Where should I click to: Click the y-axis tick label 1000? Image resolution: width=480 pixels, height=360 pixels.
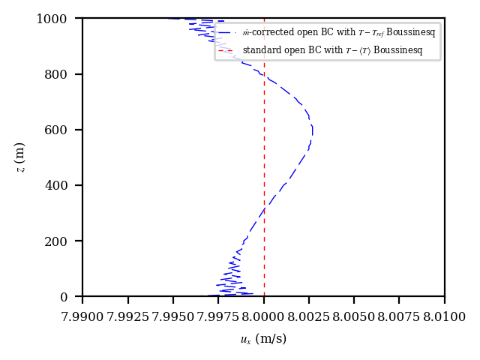point(62,19)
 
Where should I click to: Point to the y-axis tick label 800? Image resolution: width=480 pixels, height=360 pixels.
point(65,74)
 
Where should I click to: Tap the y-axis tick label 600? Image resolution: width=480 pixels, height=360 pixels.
point(65,130)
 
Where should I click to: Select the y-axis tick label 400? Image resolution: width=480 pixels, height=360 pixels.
point(65,185)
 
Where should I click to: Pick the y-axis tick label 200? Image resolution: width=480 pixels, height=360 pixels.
point(65,241)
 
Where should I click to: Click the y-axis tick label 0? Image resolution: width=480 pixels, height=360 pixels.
point(72,297)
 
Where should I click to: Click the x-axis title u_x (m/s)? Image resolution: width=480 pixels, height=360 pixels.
point(264,340)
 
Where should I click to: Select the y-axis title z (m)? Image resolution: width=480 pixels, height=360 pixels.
point(20,157)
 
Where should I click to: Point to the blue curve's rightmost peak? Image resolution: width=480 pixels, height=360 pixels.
point(313,130)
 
